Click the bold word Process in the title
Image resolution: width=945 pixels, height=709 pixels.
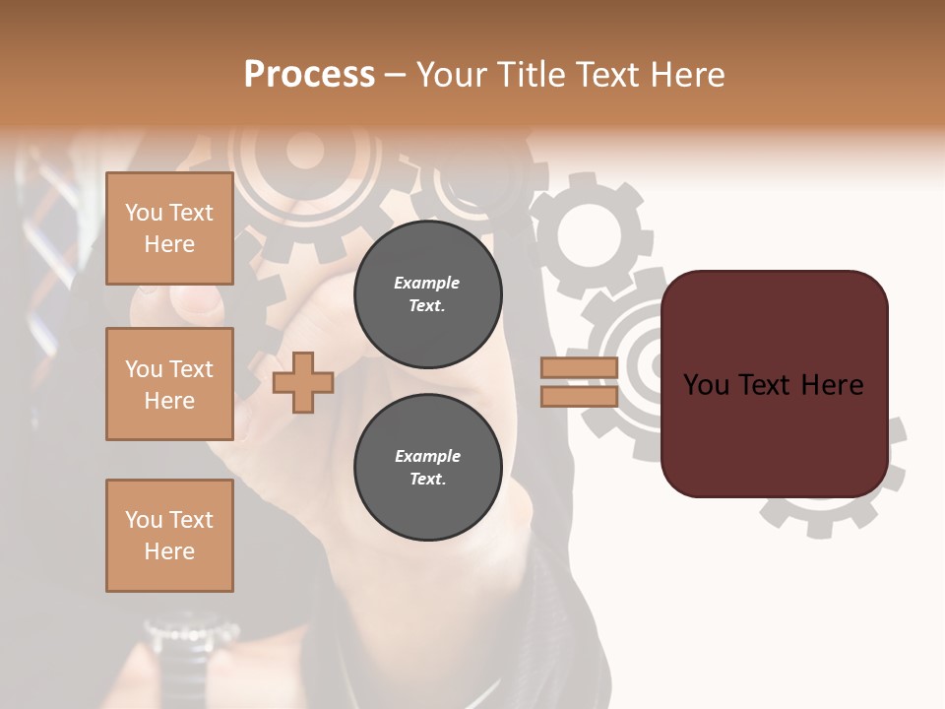pyautogui.click(x=309, y=74)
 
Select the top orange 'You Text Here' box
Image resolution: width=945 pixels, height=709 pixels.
pyautogui.click(x=169, y=228)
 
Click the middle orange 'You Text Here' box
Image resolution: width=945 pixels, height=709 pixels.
pyautogui.click(x=169, y=384)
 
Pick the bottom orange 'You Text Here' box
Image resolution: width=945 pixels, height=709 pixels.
pyautogui.click(x=169, y=536)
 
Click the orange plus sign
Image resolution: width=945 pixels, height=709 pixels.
pyautogui.click(x=303, y=382)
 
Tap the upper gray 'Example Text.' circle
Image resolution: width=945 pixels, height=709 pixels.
pyautogui.click(x=427, y=294)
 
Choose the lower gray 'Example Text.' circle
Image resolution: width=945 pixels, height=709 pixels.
pyautogui.click(x=427, y=468)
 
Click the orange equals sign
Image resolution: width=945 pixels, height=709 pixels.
pyautogui.click(x=579, y=382)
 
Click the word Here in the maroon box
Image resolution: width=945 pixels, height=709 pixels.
pyautogui.click(x=832, y=385)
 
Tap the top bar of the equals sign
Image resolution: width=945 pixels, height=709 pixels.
pyautogui.click(x=579, y=368)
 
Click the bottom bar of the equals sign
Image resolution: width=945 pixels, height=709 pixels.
pyautogui.click(x=579, y=396)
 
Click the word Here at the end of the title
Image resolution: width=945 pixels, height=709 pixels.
pyautogui.click(x=687, y=74)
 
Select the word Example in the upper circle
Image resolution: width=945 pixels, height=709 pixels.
pyautogui.click(x=427, y=283)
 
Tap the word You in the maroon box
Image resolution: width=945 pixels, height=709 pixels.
pyautogui.click(x=706, y=385)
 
